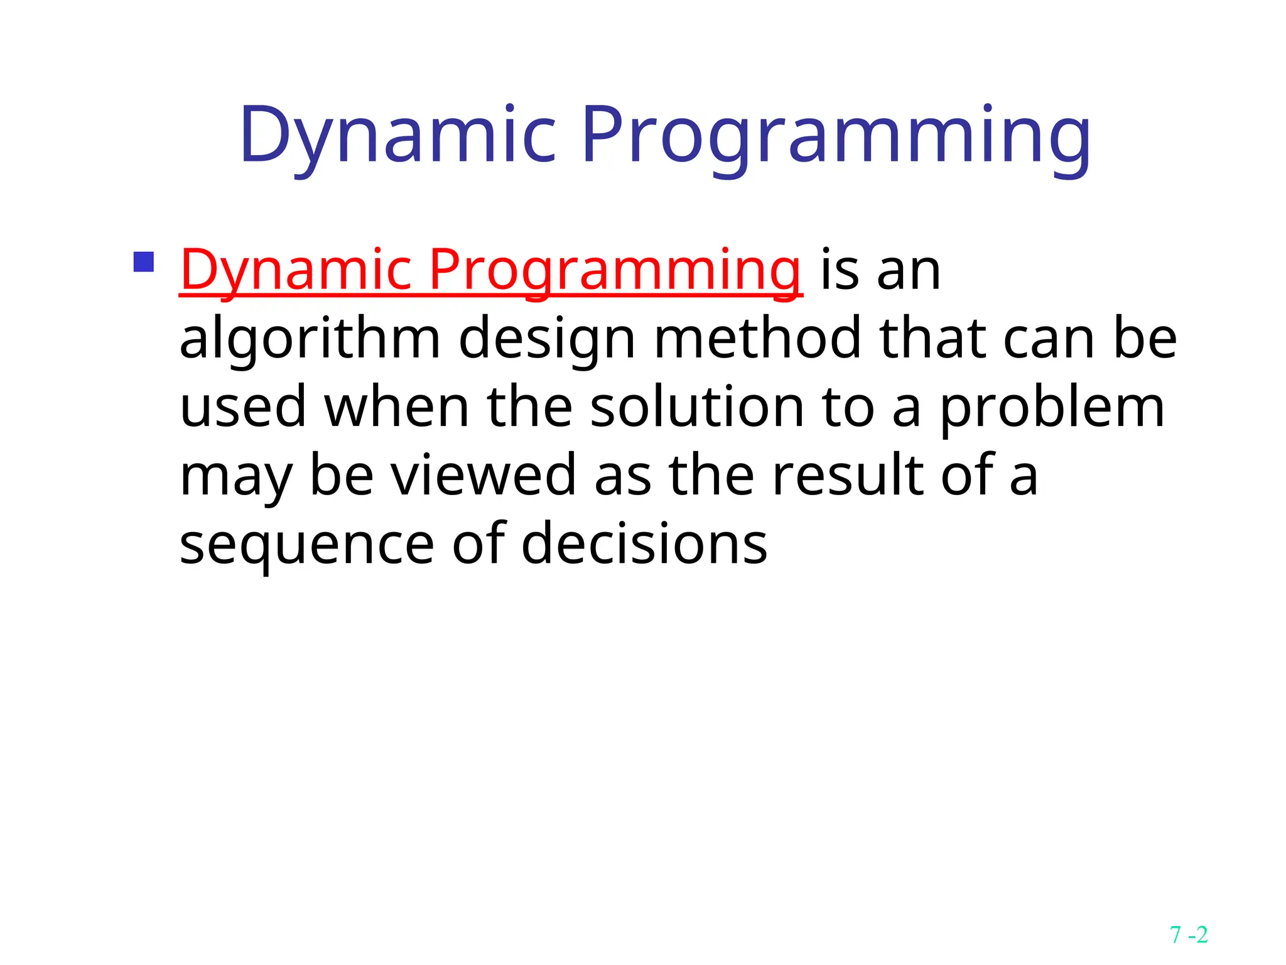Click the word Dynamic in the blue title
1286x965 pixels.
[397, 136]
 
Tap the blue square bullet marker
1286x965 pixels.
[144, 262]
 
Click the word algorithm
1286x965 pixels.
[310, 339]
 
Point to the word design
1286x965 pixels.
[547, 339]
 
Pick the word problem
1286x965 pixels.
[1052, 408]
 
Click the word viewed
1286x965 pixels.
[484, 475]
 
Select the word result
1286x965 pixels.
[848, 475]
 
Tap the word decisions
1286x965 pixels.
[644, 543]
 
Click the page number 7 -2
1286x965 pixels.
[1189, 935]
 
